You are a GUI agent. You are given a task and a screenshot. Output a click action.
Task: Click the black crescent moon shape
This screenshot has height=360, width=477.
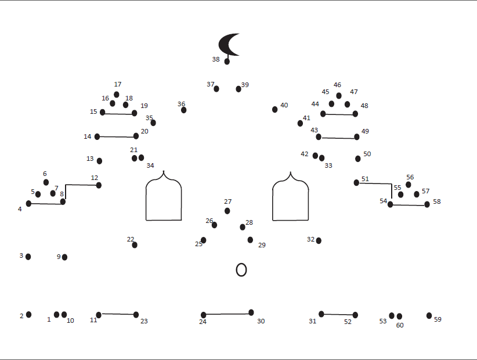226,44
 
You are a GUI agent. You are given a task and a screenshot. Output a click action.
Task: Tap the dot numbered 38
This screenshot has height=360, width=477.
227,61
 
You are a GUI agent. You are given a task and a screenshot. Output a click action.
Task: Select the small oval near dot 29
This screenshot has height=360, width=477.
241,269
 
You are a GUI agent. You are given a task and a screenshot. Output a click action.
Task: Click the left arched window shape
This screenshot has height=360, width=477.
164,200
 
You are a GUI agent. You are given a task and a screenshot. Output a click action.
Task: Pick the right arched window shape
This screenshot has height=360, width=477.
291,200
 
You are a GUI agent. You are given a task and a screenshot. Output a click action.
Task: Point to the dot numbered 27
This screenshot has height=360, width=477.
227,211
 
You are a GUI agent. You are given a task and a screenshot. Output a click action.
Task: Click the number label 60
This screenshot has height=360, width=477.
400,325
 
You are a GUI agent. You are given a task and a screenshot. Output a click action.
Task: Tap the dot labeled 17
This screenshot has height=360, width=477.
117,95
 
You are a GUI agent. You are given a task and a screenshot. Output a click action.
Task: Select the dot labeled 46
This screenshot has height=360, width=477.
339,96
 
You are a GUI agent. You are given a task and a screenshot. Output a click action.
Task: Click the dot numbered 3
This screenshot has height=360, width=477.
28,257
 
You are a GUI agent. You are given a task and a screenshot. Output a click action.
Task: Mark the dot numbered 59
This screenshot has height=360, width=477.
429,316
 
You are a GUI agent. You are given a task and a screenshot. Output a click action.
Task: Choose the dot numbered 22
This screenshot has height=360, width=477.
135,245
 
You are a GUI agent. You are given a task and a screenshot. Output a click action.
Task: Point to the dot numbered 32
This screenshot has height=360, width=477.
319,240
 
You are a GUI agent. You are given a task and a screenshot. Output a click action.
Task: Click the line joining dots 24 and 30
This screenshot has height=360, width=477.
227,314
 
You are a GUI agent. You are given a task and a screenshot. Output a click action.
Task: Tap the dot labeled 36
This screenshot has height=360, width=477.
183,110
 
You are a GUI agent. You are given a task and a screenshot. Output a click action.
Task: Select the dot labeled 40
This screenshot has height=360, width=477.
274,109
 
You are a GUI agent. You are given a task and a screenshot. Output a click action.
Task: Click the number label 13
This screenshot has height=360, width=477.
90,159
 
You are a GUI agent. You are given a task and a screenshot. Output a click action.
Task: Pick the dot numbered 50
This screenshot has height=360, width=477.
358,159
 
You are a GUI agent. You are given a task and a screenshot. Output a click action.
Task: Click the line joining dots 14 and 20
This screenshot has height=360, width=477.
116,136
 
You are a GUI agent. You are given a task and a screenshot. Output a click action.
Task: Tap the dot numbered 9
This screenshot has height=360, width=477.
64,257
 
